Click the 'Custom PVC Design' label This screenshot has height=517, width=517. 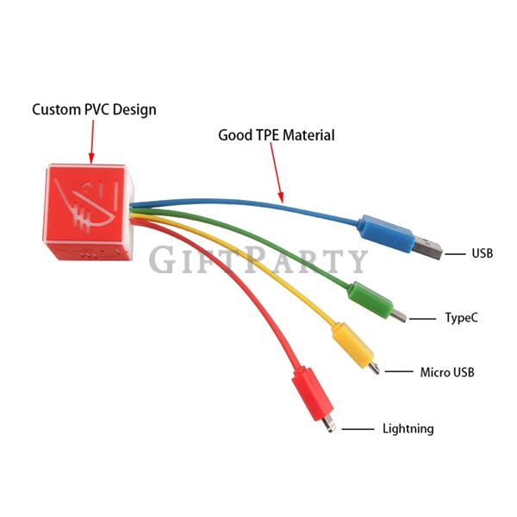94,109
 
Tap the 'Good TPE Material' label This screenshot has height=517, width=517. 277,135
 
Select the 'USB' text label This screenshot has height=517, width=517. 482,253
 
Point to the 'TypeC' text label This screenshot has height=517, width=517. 461,318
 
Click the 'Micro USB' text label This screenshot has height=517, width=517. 447,372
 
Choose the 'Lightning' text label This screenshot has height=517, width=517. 408,428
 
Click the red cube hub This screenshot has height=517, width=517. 89,212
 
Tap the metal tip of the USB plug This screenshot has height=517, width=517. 427,247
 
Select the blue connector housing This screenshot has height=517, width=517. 387,234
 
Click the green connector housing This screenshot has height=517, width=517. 371,300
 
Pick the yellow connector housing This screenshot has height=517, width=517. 352,345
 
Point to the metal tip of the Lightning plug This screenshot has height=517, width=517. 329,424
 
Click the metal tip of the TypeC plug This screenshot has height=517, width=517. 398,316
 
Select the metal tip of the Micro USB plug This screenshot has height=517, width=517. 374,368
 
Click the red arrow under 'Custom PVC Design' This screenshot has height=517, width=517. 92,141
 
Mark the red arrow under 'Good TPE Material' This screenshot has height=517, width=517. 277,172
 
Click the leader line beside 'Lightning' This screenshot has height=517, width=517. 358,429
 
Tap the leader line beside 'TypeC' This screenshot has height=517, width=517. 422,319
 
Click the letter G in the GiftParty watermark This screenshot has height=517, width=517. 163,259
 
